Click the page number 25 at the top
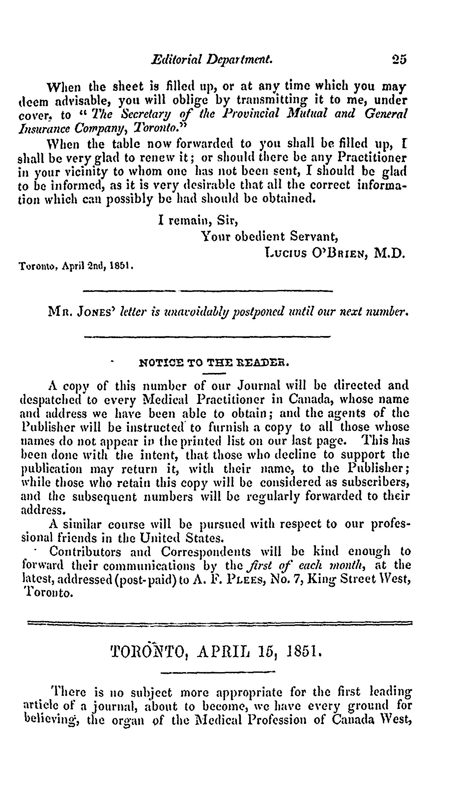[x=399, y=59]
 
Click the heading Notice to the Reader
[x=214, y=364]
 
